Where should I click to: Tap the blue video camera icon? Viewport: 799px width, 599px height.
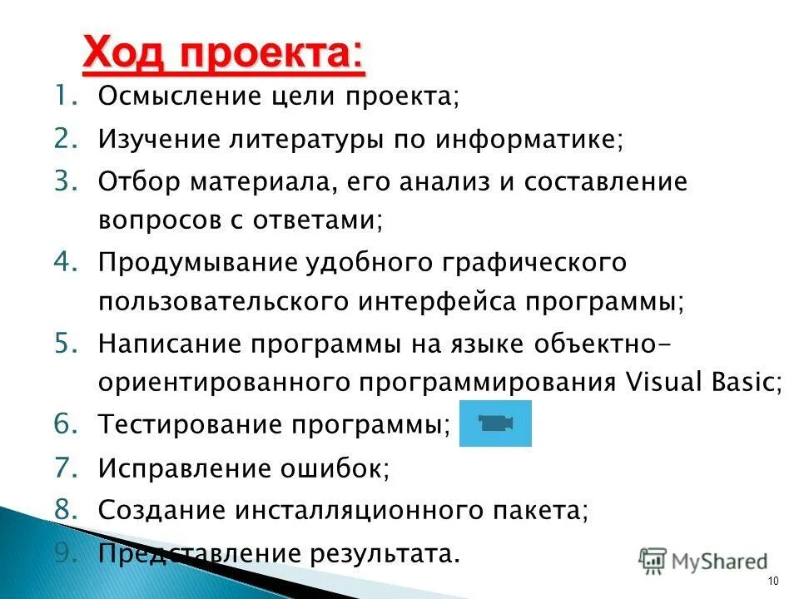(495, 423)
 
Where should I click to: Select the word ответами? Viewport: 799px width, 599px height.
(323, 220)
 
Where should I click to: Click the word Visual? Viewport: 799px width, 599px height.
(663, 382)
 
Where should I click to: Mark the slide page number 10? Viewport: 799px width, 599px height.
(773, 581)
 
